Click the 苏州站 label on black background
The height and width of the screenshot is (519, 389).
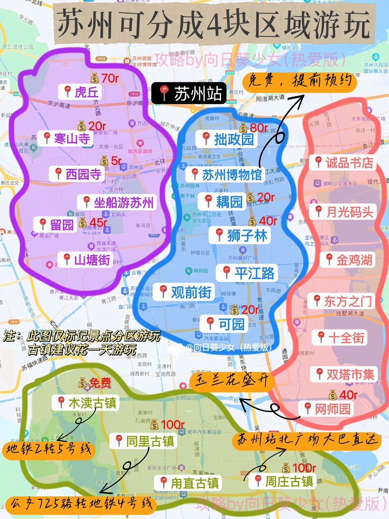(x=189, y=93)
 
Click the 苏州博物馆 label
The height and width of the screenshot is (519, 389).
(x=225, y=175)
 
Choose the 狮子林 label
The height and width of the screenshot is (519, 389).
(x=240, y=236)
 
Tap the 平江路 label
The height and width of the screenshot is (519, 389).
(x=247, y=273)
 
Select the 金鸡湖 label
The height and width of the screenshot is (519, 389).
(x=348, y=260)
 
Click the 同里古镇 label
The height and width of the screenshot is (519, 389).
(x=144, y=441)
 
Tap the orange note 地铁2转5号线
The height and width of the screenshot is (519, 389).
(x=49, y=450)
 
